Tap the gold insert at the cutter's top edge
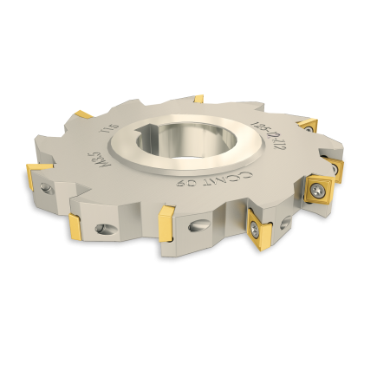[198, 99]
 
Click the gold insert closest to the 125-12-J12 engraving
[308, 127]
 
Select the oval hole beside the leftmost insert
[47, 187]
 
